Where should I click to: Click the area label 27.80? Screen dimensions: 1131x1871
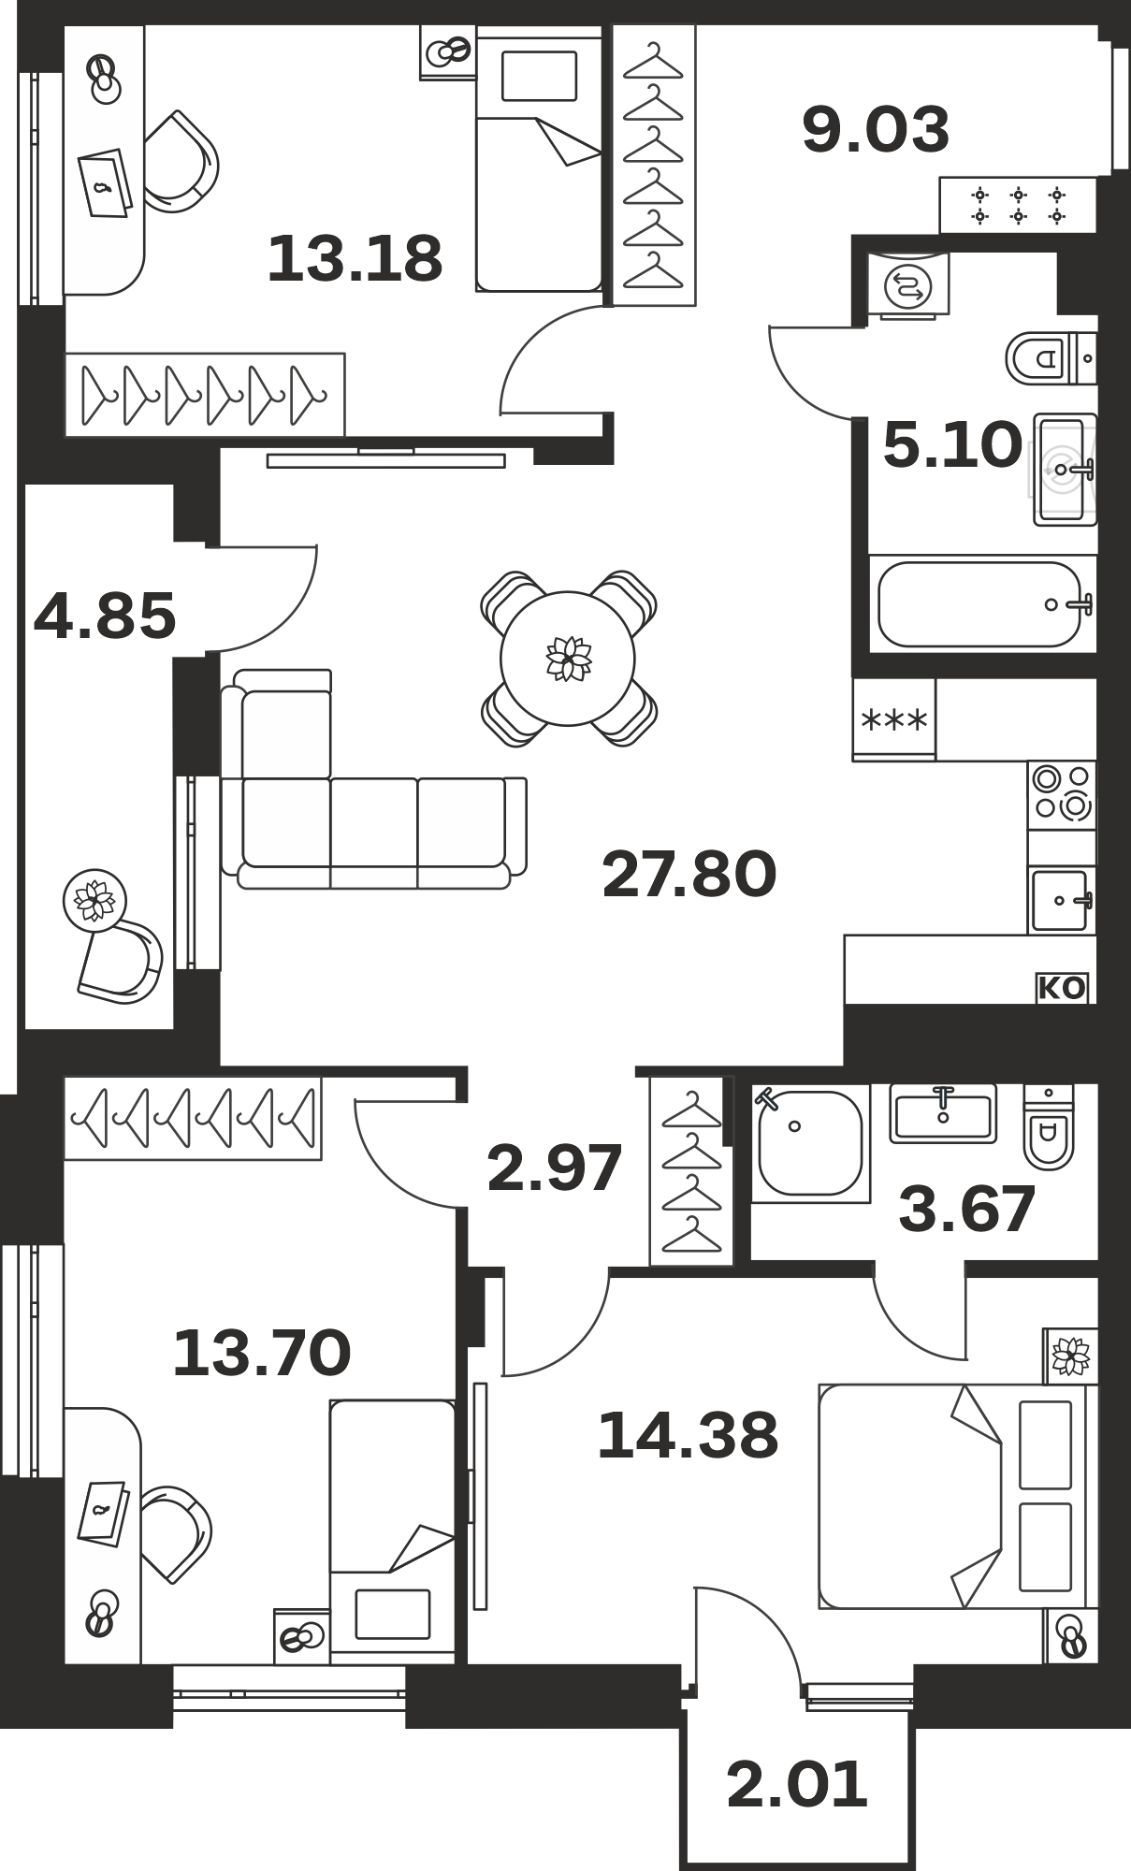(689, 874)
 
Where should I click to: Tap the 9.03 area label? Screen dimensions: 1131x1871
(876, 129)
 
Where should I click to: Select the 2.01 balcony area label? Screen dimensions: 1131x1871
(797, 1784)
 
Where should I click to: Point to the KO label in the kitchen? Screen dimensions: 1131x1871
(1062, 988)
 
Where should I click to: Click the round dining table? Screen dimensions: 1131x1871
(568, 659)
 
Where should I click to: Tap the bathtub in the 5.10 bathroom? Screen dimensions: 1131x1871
(982, 603)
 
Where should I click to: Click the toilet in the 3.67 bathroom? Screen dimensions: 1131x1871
(1049, 1126)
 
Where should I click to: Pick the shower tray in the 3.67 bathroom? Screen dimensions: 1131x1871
(810, 1142)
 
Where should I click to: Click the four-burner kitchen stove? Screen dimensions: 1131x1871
(1062, 794)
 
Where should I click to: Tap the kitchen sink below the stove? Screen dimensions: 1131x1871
(1062, 900)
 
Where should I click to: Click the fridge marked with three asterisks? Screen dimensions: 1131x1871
(893, 718)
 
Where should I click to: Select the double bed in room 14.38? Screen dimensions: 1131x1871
(958, 1497)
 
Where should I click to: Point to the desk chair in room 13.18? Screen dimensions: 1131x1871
(180, 162)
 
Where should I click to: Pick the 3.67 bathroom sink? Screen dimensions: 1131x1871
(943, 1113)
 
